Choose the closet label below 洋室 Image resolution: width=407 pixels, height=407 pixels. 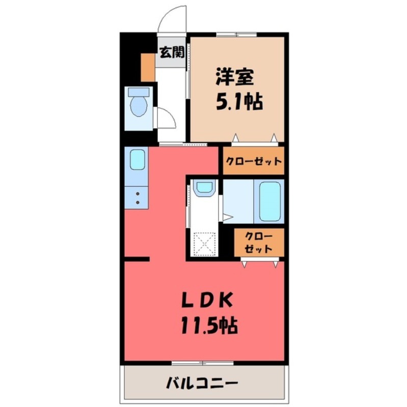(x=253, y=162)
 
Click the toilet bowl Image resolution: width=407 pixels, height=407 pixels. (x=139, y=107)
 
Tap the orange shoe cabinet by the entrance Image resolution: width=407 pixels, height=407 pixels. (x=147, y=66)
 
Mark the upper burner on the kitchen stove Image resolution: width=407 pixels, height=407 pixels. (x=138, y=194)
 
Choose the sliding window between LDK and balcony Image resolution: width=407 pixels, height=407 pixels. (x=202, y=363)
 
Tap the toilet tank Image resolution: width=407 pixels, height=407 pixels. (x=139, y=92)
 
